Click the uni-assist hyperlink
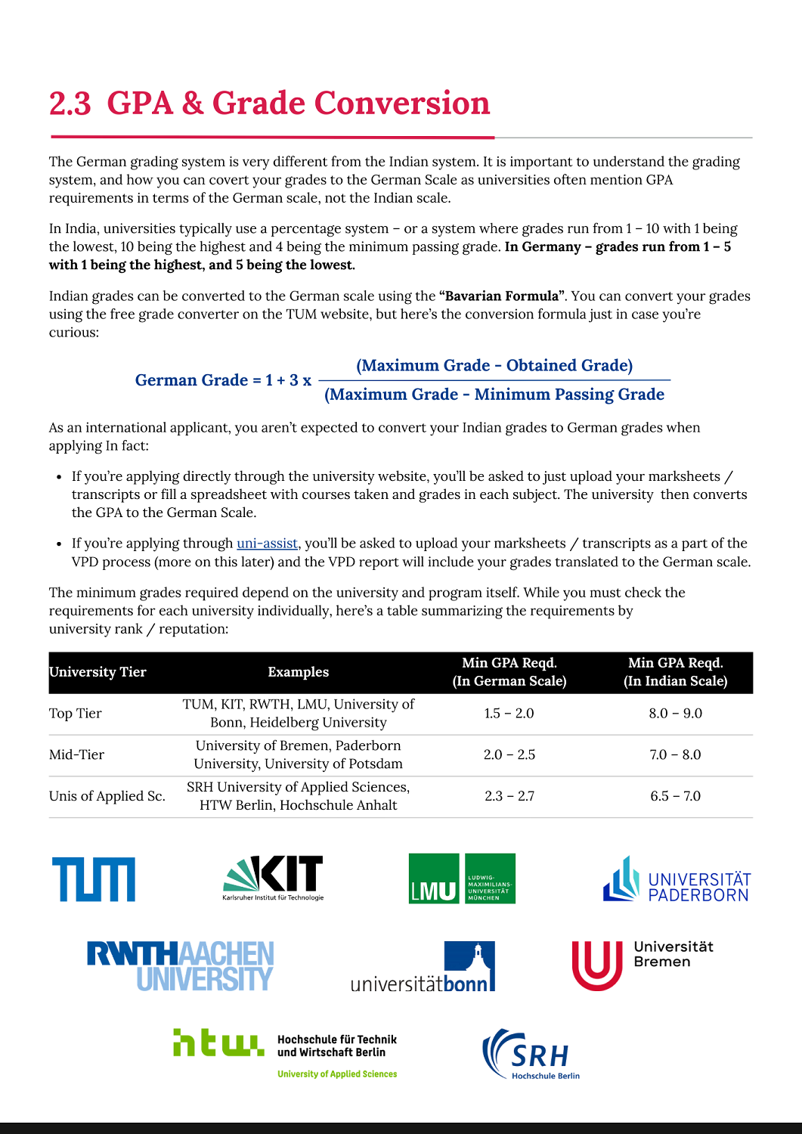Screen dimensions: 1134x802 pos(268,544)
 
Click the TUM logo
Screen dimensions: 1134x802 pos(94,879)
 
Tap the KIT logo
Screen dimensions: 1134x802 pos(274,878)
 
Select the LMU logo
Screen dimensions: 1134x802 pos(461,878)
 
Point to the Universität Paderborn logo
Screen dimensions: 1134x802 pos(677,879)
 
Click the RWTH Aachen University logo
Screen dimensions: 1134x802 pos(181,966)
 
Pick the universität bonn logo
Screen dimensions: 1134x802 pos(423,967)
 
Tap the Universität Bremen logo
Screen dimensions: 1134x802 pos(643,965)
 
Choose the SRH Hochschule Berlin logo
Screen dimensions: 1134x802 pos(532,1054)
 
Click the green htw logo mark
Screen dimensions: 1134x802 pos(218,1043)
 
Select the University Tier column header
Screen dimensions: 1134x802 pos(98,672)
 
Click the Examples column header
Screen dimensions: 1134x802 pos(299,672)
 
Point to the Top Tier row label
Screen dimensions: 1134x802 pos(76,714)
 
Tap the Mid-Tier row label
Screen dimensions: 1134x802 pos(77,754)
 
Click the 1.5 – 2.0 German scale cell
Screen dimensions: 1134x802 pos(509,714)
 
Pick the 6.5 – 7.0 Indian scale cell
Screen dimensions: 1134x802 pos(675,796)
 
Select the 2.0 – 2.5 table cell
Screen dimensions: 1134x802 pos(509,754)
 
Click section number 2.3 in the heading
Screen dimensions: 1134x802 pos(70,104)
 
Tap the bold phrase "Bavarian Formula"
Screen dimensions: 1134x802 pos(502,296)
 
